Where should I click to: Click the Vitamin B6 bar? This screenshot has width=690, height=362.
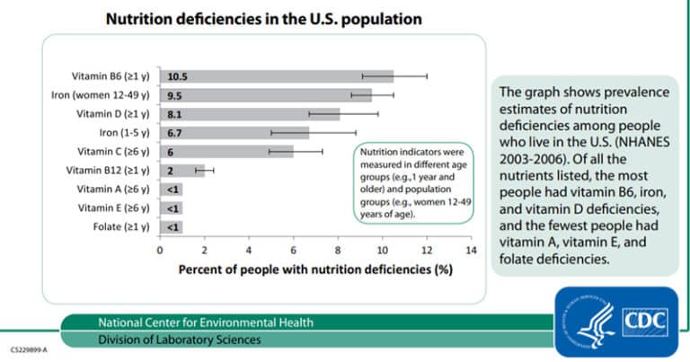point(276,76)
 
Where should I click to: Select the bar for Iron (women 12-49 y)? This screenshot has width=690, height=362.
point(265,95)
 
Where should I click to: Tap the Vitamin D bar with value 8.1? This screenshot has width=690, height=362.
point(249,114)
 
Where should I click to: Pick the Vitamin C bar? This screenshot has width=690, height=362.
point(226,152)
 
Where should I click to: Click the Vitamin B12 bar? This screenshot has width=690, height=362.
point(181,171)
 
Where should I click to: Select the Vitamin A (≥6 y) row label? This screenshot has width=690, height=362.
point(114,190)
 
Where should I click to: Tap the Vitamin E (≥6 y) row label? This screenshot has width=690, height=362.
point(114,208)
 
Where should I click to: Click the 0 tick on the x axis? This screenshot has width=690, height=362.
point(160,252)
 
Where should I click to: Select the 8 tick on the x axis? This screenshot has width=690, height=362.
point(338,252)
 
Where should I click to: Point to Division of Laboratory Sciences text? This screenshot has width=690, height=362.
point(181,340)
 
